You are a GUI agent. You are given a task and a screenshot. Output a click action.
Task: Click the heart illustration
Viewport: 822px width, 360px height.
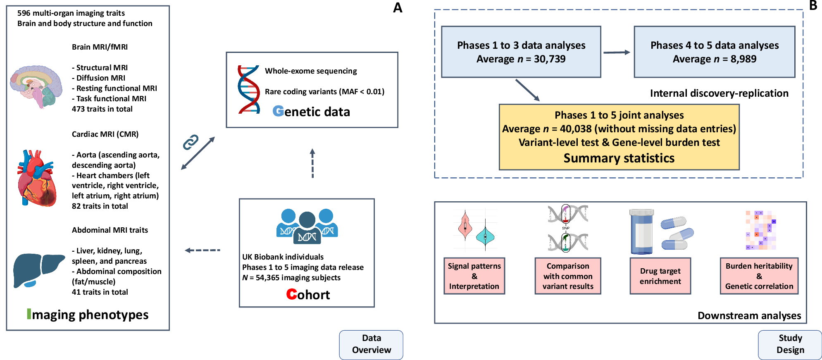point(36,178)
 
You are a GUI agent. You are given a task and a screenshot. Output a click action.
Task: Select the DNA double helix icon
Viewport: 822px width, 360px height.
point(248,89)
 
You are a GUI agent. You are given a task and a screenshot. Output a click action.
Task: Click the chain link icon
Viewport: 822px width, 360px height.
point(191,142)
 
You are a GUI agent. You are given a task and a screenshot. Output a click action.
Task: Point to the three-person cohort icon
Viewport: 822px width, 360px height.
point(307,226)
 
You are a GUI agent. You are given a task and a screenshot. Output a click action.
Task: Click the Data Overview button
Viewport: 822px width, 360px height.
point(371,345)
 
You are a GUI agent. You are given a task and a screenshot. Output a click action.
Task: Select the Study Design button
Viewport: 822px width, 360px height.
point(790,345)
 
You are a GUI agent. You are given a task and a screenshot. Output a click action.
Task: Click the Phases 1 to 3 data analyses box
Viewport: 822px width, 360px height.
point(521,52)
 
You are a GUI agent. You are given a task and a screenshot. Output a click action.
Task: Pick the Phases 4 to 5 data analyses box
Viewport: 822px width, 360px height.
point(715,52)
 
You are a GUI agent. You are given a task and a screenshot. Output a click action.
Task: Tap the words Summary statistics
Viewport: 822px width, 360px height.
point(619,158)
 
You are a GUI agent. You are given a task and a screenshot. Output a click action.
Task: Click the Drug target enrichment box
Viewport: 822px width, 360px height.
point(660,276)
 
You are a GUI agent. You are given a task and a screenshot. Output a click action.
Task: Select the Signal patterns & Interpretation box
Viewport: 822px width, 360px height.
point(474,276)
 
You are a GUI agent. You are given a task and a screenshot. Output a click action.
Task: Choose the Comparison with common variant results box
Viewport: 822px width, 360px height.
point(568,276)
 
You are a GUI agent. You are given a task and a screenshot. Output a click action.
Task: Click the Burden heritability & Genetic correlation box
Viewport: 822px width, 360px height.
point(759,276)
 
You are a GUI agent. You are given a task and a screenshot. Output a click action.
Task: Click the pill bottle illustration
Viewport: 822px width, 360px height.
point(642,231)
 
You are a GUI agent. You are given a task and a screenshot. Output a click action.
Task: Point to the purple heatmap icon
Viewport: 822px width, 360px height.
point(761,230)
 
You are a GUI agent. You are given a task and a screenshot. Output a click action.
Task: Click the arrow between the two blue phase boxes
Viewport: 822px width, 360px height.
point(617,52)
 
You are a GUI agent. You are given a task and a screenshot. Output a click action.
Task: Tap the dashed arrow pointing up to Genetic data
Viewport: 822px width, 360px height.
point(312,163)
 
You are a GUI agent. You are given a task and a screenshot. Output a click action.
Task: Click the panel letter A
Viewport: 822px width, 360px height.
point(398,7)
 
